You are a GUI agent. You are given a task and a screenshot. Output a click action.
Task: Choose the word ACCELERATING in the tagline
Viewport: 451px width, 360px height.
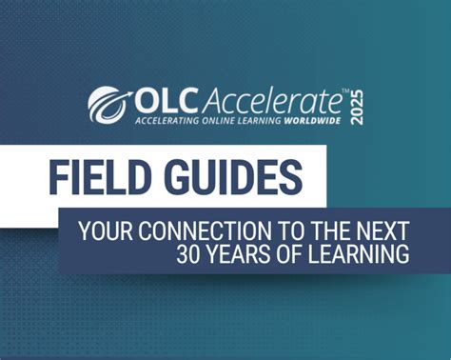(168, 122)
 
